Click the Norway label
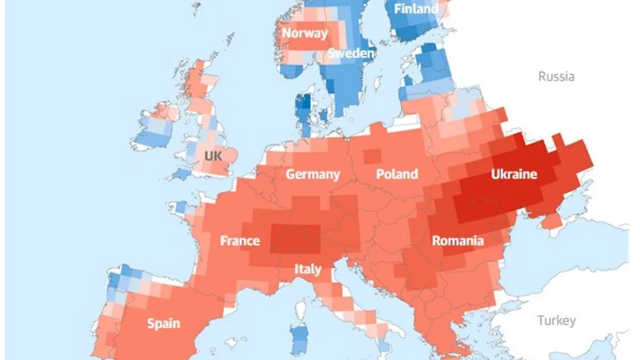305,33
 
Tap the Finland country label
416,9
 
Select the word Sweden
351,53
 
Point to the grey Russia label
556,76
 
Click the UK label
213,156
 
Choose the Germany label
313,174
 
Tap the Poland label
397,174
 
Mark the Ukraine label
514,174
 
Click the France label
240,241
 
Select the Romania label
458,241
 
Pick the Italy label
308,269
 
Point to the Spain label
163,323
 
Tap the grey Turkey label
556,321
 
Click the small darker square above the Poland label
373,156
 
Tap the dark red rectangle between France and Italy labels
295,239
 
